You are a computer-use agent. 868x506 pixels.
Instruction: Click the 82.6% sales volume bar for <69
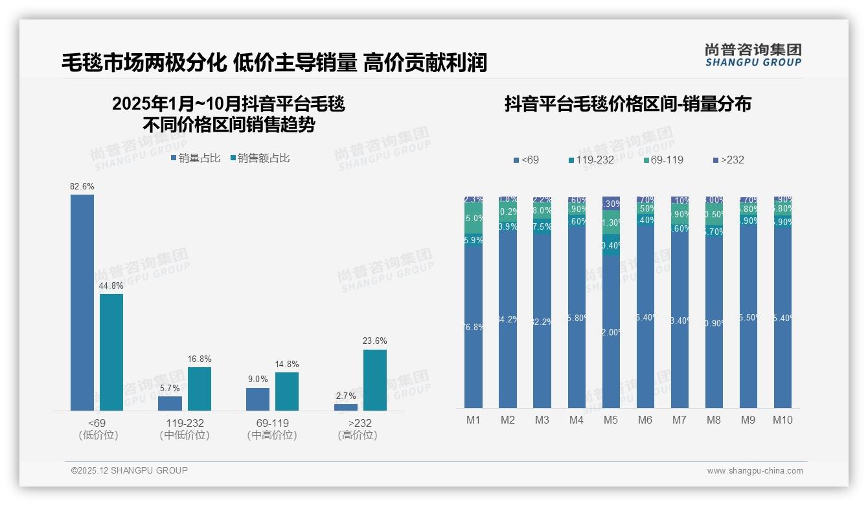pyautogui.click(x=82, y=302)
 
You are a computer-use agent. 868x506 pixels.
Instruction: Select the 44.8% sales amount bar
pyautogui.click(x=111, y=352)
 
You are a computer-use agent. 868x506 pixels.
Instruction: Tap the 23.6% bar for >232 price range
pyautogui.click(x=375, y=380)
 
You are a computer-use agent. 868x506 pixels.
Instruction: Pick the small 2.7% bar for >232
pyautogui.click(x=346, y=407)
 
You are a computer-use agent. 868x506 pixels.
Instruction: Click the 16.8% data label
pyautogui.click(x=200, y=359)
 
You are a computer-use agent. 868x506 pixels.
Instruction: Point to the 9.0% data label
pyautogui.click(x=257, y=379)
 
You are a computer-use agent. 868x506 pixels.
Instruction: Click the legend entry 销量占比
pyautogui.click(x=196, y=158)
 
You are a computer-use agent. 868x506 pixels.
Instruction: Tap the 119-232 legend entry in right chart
pyautogui.click(x=591, y=160)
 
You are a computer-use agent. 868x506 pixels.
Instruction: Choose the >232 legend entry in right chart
pyautogui.click(x=728, y=160)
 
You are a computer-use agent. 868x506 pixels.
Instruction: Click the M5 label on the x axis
pyautogui.click(x=611, y=420)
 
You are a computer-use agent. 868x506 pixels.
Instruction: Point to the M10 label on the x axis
pyautogui.click(x=782, y=420)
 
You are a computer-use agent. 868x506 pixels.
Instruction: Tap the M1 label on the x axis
pyautogui.click(x=474, y=420)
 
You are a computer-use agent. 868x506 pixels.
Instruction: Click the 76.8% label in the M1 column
pyautogui.click(x=474, y=328)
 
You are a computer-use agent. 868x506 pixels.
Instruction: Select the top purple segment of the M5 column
pyautogui.click(x=611, y=203)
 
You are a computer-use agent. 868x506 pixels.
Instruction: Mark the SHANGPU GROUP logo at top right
pyautogui.click(x=753, y=55)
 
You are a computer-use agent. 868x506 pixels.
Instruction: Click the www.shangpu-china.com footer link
pyautogui.click(x=755, y=471)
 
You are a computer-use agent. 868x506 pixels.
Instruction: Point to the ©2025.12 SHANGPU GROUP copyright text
pyautogui.click(x=130, y=471)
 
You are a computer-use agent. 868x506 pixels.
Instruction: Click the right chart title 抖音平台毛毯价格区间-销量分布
pyautogui.click(x=628, y=104)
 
